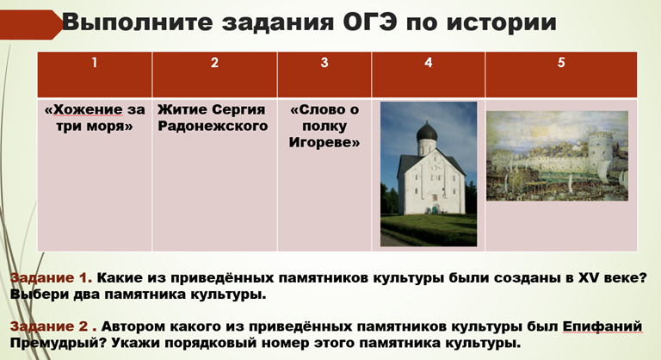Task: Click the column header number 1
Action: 95,63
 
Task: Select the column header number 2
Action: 214,63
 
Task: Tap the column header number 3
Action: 324,63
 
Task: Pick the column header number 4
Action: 429,63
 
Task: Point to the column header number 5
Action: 561,63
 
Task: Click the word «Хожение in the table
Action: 83,109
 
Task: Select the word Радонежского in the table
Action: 213,127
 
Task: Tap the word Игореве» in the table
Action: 324,143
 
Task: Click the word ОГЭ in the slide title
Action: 369,22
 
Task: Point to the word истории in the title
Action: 502,22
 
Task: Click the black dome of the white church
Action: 427,131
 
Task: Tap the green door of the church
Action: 434,209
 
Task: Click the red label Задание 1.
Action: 51,277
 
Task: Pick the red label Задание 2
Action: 49,326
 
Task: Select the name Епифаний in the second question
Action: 602,327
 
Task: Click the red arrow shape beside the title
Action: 30,24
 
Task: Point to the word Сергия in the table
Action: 238,109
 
